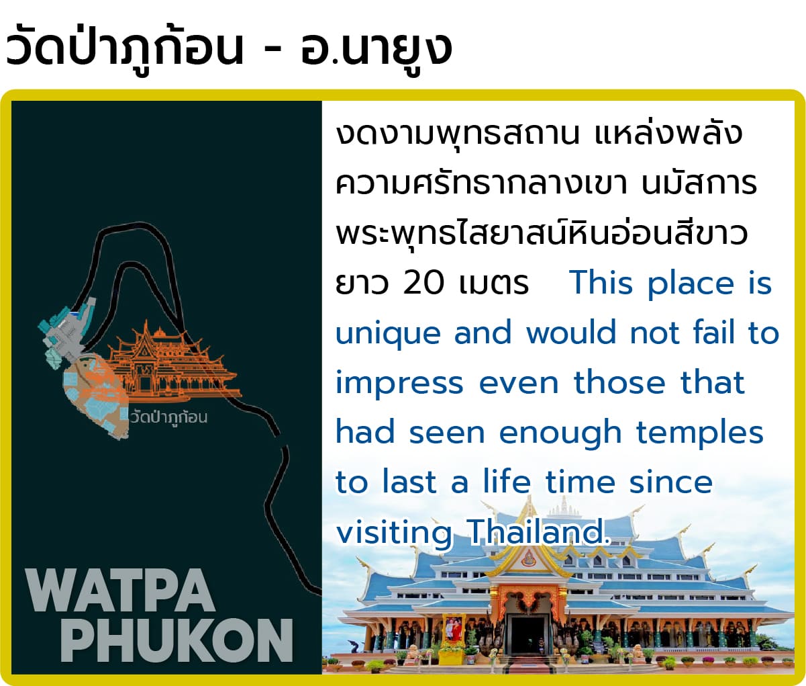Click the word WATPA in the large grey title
point(120,591)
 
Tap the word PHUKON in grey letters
point(177,641)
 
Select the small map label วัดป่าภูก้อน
point(169,418)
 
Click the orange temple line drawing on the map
point(172,363)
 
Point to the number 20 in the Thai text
point(423,283)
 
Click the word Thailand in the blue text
point(540,531)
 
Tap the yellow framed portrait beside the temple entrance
point(452,629)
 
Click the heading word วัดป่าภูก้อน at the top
point(125,49)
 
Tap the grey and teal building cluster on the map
point(66,332)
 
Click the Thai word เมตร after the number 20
point(494,284)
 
